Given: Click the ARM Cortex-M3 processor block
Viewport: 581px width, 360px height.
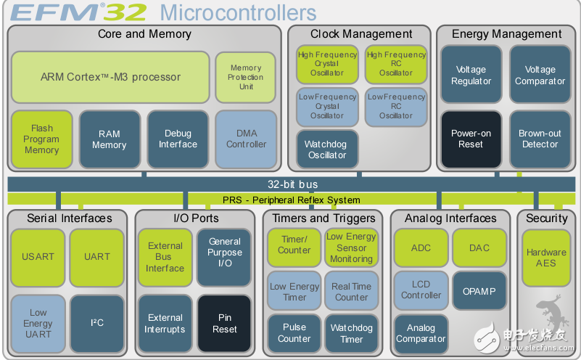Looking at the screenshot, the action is pyautogui.click(x=110, y=77).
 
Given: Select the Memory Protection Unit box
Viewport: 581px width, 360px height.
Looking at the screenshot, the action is pyautogui.click(x=246, y=77).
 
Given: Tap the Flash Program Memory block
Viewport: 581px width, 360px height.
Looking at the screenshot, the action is pyautogui.click(x=42, y=139).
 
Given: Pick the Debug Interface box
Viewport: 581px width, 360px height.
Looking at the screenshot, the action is pyautogui.click(x=178, y=139).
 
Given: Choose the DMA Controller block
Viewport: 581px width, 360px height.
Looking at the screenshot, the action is pyautogui.click(x=246, y=139).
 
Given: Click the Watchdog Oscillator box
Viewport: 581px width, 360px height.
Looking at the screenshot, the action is pyautogui.click(x=327, y=150).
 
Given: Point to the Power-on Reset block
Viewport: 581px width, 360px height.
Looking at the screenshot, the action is pyautogui.click(x=471, y=139).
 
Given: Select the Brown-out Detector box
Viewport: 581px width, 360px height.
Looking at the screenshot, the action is pyautogui.click(x=540, y=139).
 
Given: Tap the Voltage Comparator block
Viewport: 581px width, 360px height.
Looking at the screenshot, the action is pyautogui.click(x=540, y=74).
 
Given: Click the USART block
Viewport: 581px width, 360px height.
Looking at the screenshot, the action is pyautogui.click(x=38, y=258).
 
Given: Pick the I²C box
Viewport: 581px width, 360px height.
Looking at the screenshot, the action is pyautogui.click(x=97, y=323).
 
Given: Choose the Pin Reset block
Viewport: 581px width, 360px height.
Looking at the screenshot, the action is pyautogui.click(x=225, y=323).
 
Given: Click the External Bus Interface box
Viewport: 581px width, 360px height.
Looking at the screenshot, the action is pyautogui.click(x=165, y=258).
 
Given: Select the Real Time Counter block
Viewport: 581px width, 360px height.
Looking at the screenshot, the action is pyautogui.click(x=351, y=291).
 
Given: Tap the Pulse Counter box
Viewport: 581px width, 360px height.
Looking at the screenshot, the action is pyautogui.click(x=294, y=333).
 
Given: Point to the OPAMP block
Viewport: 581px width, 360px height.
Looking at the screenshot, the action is pyautogui.click(x=479, y=291).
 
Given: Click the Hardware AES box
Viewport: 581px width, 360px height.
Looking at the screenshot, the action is pyautogui.click(x=546, y=258).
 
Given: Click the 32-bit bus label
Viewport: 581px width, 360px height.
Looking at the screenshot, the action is pyautogui.click(x=293, y=184).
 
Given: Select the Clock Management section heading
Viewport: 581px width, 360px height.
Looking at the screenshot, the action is pyautogui.click(x=361, y=34).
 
